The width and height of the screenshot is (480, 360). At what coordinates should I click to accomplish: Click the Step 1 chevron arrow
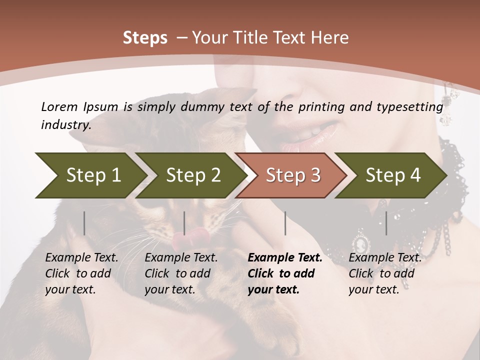(90, 175)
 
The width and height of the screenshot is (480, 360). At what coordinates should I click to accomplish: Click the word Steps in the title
(145, 38)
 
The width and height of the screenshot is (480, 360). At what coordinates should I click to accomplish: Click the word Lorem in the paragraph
(59, 106)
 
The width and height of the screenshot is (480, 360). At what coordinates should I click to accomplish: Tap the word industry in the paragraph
(66, 125)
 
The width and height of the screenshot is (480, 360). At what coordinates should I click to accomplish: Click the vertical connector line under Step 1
(84, 223)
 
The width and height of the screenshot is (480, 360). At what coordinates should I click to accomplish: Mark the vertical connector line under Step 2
(184, 223)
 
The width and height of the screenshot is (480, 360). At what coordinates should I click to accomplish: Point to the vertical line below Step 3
(285, 223)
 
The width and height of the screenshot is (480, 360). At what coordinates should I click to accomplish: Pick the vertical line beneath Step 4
(386, 223)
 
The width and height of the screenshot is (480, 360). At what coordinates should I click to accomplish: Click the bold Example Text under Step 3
(285, 258)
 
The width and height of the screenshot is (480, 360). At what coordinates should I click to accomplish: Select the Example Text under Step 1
(81, 258)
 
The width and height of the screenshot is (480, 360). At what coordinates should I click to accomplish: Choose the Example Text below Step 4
(385, 258)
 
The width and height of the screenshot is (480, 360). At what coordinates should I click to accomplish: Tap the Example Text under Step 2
(181, 258)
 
